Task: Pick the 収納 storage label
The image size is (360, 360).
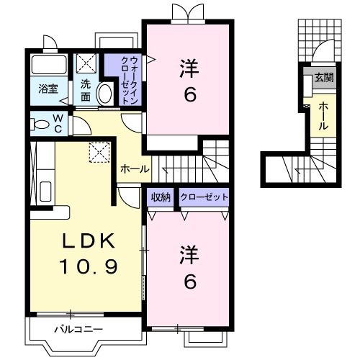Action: coord(161,197)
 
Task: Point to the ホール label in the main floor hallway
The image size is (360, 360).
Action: coord(135,169)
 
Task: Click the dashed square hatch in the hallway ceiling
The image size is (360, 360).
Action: coord(97,150)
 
